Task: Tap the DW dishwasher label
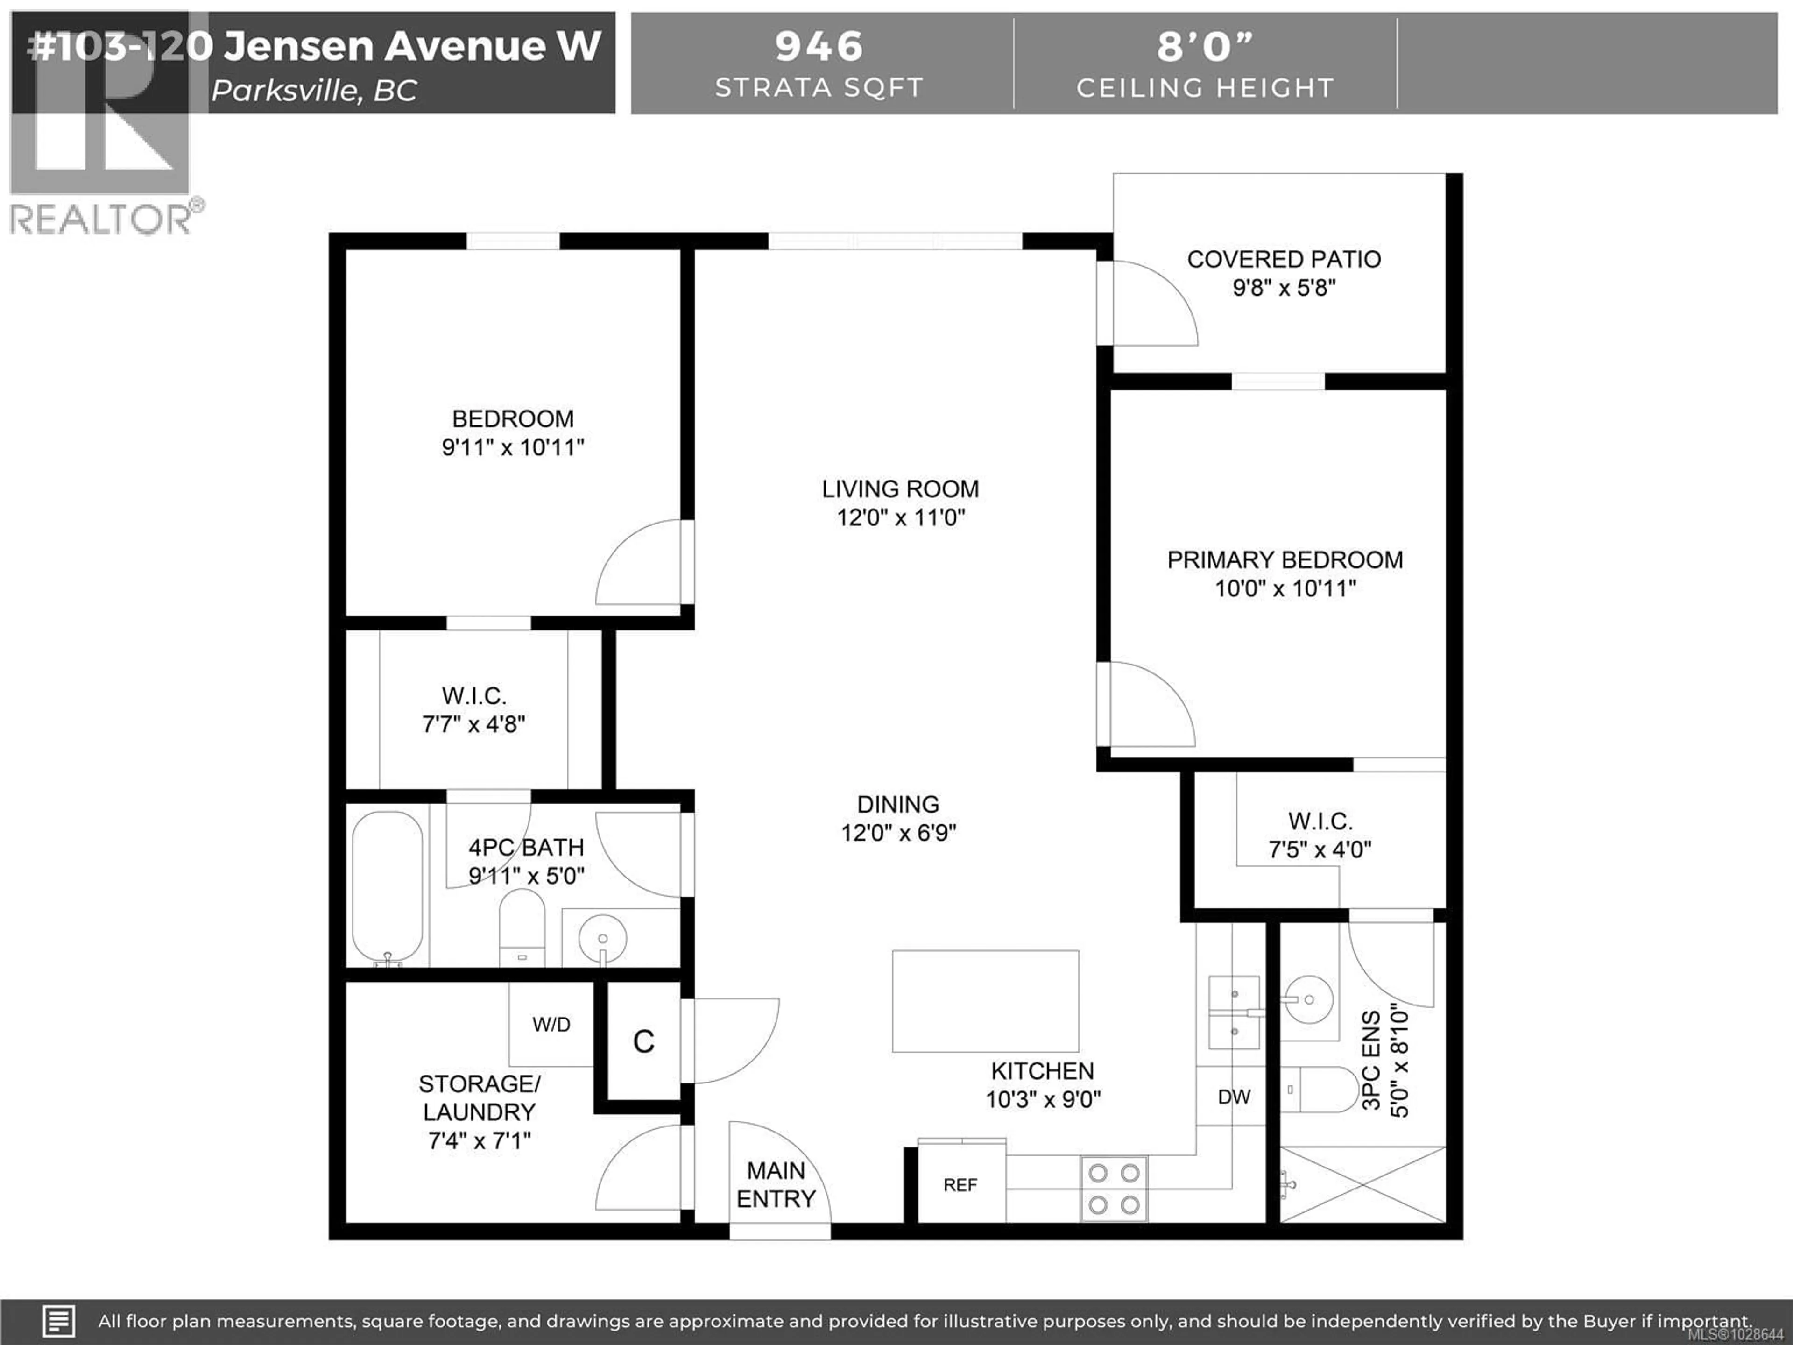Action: point(1234,1097)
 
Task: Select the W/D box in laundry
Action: point(551,1024)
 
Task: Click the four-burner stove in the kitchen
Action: point(1114,1189)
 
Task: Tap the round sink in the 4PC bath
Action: point(602,939)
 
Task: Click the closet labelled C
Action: point(643,1042)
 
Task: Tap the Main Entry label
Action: point(776,1184)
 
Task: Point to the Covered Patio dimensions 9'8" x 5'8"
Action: point(1284,288)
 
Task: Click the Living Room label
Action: point(900,489)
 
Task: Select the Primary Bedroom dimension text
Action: point(1285,588)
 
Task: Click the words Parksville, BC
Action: point(315,91)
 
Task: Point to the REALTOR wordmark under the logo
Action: point(101,219)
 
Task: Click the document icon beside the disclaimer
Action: point(58,1321)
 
